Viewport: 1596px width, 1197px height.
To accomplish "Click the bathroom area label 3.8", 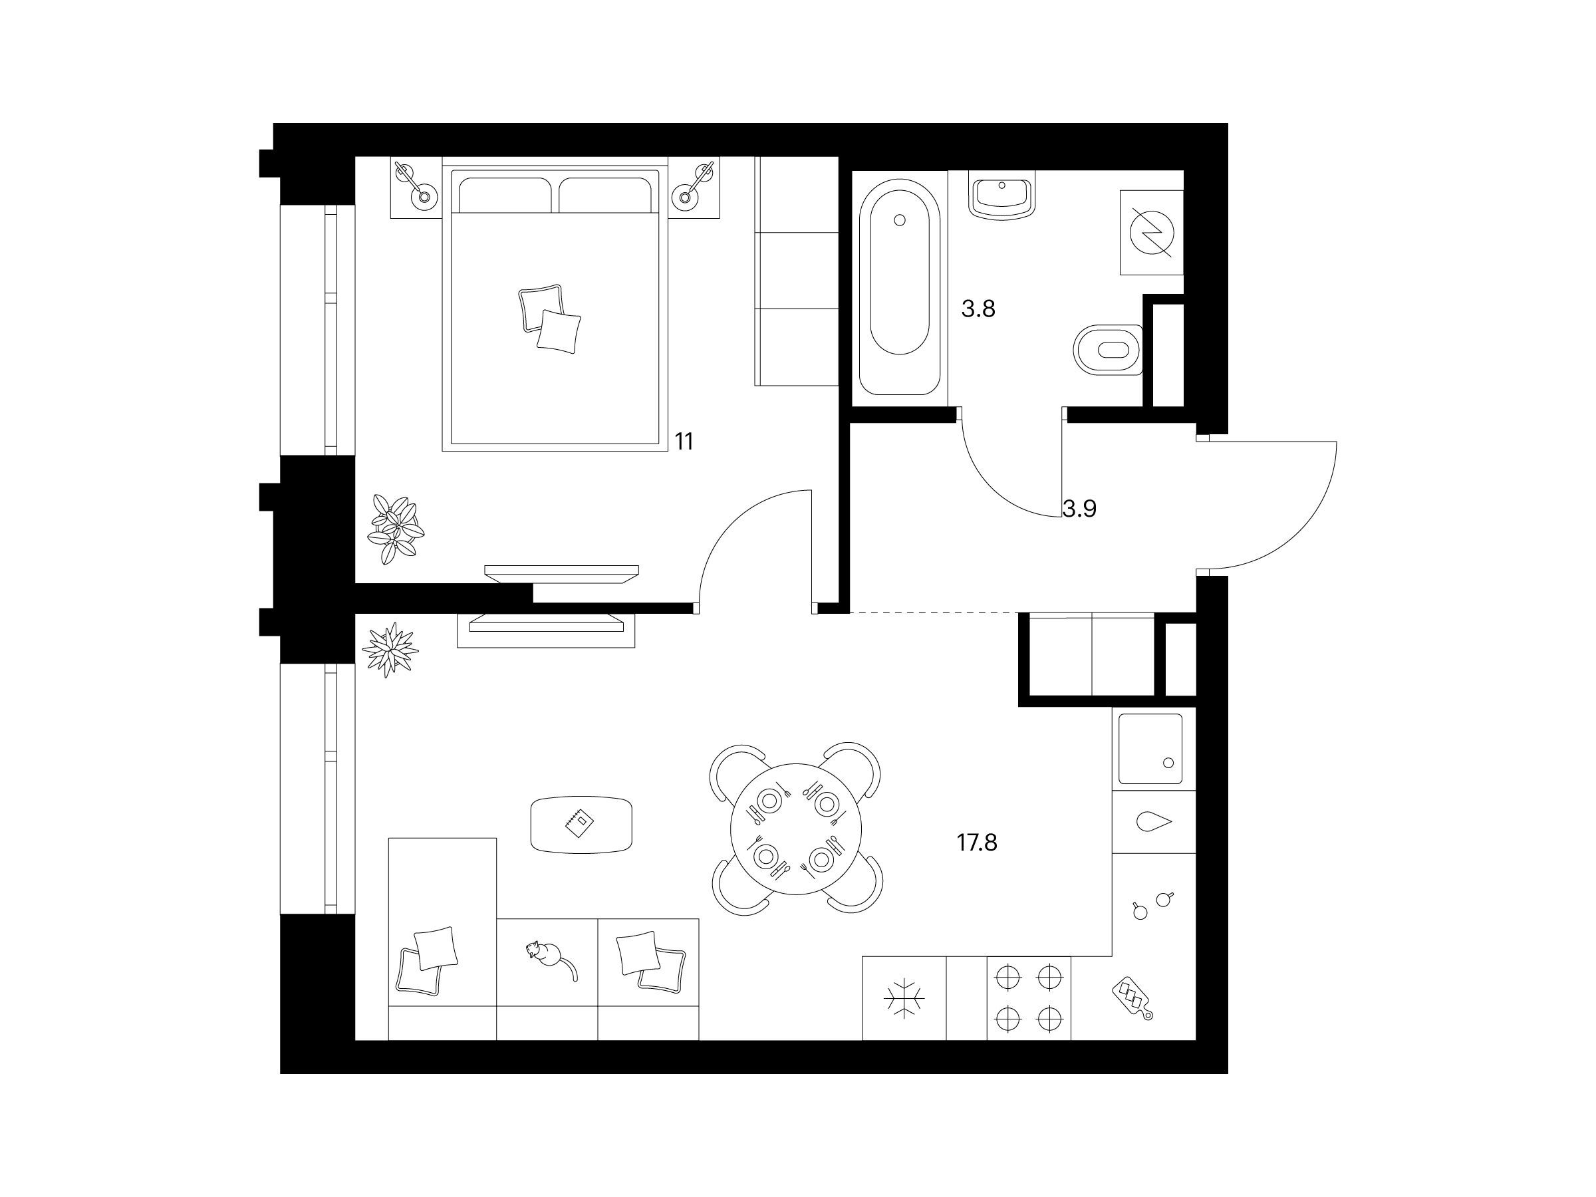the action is pyautogui.click(x=978, y=309).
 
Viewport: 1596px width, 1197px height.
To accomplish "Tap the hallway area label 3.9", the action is pyautogui.click(x=1080, y=509).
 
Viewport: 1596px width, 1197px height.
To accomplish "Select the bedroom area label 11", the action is pyautogui.click(x=684, y=442).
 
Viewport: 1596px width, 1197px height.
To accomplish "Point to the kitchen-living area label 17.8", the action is pyautogui.click(x=977, y=842).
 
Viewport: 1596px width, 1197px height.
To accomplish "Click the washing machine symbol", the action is pyautogui.click(x=1152, y=232).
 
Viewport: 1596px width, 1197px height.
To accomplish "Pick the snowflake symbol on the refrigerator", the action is pyautogui.click(x=904, y=999).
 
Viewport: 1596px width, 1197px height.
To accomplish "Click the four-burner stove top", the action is pyautogui.click(x=1029, y=999).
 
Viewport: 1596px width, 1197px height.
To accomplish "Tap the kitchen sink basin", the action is pyautogui.click(x=1151, y=749).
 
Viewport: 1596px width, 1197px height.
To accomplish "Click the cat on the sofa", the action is pyautogui.click(x=550, y=959).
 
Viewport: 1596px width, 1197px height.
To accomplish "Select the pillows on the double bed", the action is pyautogui.click(x=550, y=318).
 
